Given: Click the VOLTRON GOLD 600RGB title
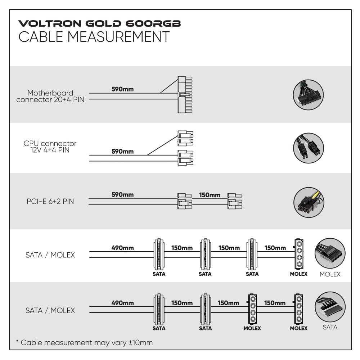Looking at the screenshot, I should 100,24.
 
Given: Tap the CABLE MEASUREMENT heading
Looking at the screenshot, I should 94,37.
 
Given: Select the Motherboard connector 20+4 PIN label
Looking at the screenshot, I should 50,96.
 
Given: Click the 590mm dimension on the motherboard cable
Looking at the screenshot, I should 122,89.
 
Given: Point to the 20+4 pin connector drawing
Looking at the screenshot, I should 185,95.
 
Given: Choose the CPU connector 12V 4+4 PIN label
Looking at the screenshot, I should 50,147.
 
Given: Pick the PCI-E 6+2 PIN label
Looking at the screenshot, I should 50,201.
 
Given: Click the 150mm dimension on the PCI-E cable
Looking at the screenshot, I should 210,195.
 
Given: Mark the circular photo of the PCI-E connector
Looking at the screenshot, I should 309,202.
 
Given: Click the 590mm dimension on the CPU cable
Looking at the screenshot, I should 122,152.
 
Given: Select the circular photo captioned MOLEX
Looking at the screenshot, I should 330,253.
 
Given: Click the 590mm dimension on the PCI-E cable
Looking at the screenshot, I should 122,195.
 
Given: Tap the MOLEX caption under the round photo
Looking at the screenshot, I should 330,274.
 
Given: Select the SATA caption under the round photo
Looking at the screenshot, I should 330,327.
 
